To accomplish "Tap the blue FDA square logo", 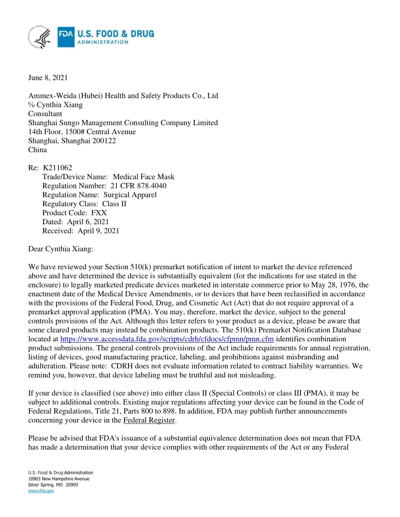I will [x=66, y=37].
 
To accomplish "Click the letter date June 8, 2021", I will [x=48, y=77].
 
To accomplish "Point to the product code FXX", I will [x=99, y=213].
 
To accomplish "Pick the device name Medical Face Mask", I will [x=144, y=177].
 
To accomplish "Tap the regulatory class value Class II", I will [x=114, y=204].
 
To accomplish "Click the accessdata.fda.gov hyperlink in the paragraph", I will [x=167, y=339].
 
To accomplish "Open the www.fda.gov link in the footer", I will [x=41, y=491].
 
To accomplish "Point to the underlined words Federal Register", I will [x=149, y=420].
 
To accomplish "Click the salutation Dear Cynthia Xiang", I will [x=61, y=249].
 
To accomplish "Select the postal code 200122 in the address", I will [x=104, y=141].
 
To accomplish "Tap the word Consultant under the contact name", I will [x=45, y=114].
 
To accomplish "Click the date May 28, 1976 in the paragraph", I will [x=333, y=285].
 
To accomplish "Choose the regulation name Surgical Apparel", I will [x=130, y=195].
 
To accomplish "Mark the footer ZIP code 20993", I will [x=72, y=485].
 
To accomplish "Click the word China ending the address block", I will [x=38, y=150].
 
